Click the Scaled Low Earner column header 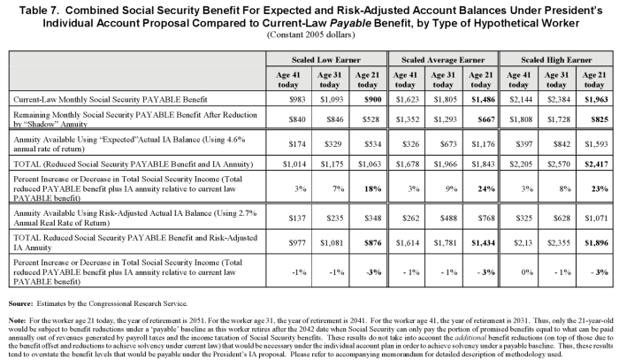coord(326,60)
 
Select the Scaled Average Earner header coord(443,60)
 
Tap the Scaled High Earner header coord(556,60)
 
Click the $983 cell coord(297,99)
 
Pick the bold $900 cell coord(373,99)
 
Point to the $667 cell coord(486,119)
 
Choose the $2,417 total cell coord(596,164)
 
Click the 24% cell coord(486,188)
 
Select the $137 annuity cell coord(297,218)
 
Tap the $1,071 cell coord(596,218)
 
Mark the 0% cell coord(527,272)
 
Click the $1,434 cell coord(483,242)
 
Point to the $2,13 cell coord(523,242)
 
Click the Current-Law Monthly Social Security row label coord(111,99)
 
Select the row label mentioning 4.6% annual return coord(129,144)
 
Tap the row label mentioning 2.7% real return coord(135,218)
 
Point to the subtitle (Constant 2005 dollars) coord(310,34)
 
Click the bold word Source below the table coord(21,303)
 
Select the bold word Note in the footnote coord(17,320)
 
